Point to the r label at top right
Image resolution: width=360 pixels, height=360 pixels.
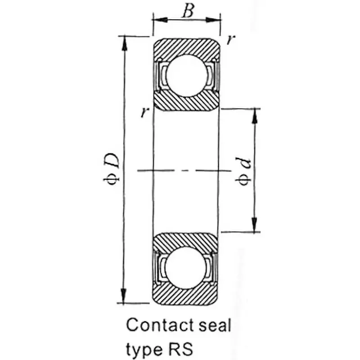pyautogui.click(x=230, y=40)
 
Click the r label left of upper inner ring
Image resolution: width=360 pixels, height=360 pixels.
pyautogui.click(x=144, y=112)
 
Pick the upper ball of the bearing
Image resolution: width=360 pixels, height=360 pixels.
pyautogui.click(x=186, y=75)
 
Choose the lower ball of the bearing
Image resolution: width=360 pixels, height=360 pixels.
pyautogui.click(x=186, y=267)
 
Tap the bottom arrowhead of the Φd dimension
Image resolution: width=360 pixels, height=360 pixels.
pyautogui.click(x=255, y=227)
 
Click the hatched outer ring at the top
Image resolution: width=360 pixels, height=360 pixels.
pyautogui.click(x=186, y=46)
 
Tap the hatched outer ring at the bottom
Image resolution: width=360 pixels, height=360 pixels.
pyautogui.click(x=186, y=296)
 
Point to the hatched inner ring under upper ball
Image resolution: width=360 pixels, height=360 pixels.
pyautogui.click(x=186, y=103)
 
